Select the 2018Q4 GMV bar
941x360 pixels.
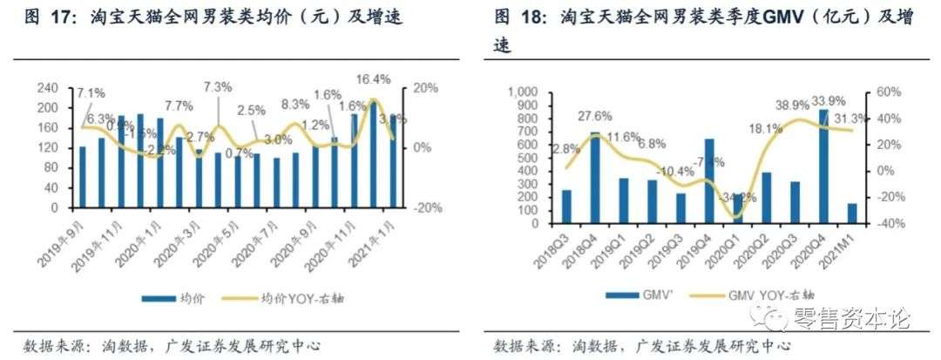595,177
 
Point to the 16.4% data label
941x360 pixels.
373,79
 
